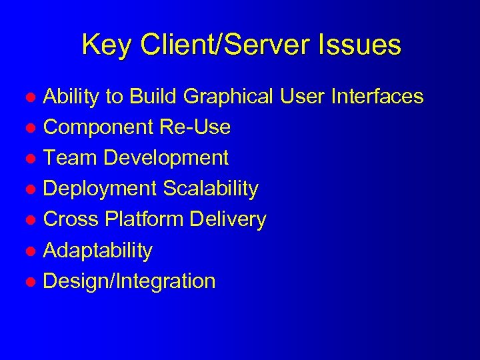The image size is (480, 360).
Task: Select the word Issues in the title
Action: point(363,46)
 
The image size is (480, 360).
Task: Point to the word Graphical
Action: point(228,97)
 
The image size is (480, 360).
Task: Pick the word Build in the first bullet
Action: point(153,97)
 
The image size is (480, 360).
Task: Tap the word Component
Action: point(98,127)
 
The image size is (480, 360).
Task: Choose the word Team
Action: point(70,158)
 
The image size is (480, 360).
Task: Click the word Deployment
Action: point(100,189)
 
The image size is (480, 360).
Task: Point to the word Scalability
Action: point(211,189)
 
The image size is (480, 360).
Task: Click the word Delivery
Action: point(230,219)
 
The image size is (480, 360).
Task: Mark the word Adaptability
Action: point(97,251)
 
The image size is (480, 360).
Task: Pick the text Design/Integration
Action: point(129,281)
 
